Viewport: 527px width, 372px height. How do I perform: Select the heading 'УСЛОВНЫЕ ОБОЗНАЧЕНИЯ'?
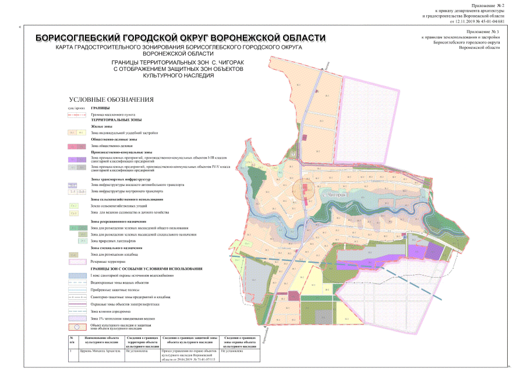(111, 99)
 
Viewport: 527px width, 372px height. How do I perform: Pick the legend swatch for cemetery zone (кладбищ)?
(74, 255)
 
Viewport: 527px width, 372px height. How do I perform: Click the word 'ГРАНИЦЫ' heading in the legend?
(101, 108)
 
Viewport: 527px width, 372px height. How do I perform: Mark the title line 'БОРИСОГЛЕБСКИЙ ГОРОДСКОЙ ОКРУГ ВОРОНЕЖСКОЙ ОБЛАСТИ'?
(181, 38)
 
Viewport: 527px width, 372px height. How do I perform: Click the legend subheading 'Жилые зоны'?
(101, 126)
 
